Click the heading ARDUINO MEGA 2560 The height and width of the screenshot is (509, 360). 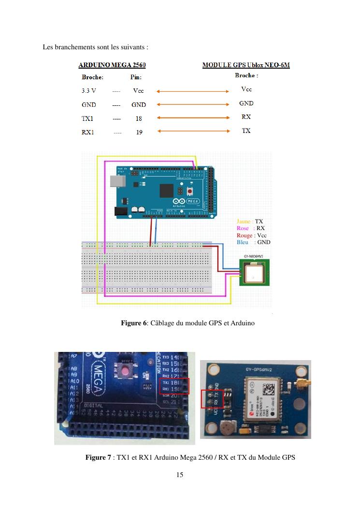[x=112, y=65]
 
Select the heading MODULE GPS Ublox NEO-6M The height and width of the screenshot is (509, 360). [x=246, y=65]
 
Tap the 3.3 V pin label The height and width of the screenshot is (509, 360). [x=89, y=90]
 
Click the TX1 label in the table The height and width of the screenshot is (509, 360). [x=87, y=118]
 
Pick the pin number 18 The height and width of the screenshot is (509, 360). [x=139, y=118]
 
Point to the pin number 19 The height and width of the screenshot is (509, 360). [x=139, y=132]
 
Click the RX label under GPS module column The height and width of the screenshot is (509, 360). [x=246, y=117]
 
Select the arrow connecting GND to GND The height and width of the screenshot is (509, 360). [x=193, y=104]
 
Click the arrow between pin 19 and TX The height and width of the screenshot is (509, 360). [x=193, y=131]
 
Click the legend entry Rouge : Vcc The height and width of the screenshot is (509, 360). [x=252, y=235]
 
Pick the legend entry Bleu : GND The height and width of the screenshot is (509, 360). [x=254, y=242]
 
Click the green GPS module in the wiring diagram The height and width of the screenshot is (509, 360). [x=255, y=273]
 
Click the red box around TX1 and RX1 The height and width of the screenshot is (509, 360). [x=174, y=386]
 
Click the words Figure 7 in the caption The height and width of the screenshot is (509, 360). [x=98, y=457]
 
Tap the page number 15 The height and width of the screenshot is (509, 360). [x=180, y=475]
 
